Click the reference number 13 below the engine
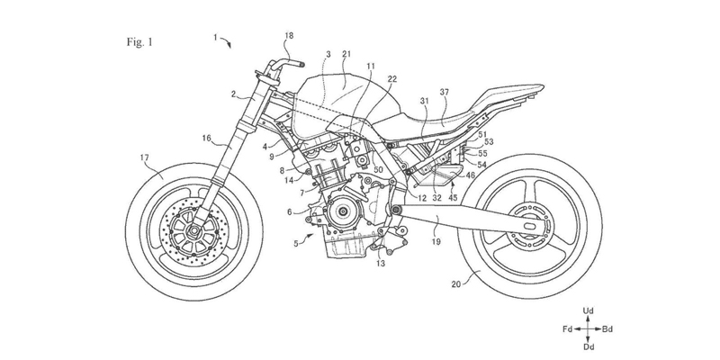[x=382, y=265]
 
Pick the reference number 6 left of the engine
[x=289, y=211]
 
